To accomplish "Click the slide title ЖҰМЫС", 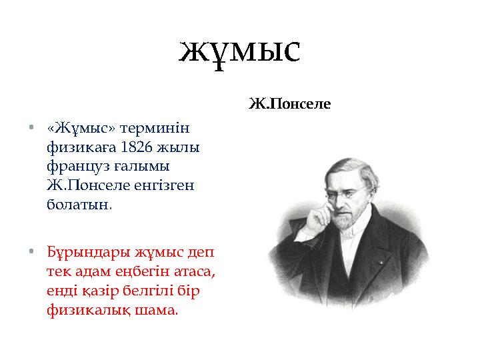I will click(240, 51).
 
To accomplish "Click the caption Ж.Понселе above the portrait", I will click(289, 104).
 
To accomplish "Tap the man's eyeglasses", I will click(347, 193).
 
